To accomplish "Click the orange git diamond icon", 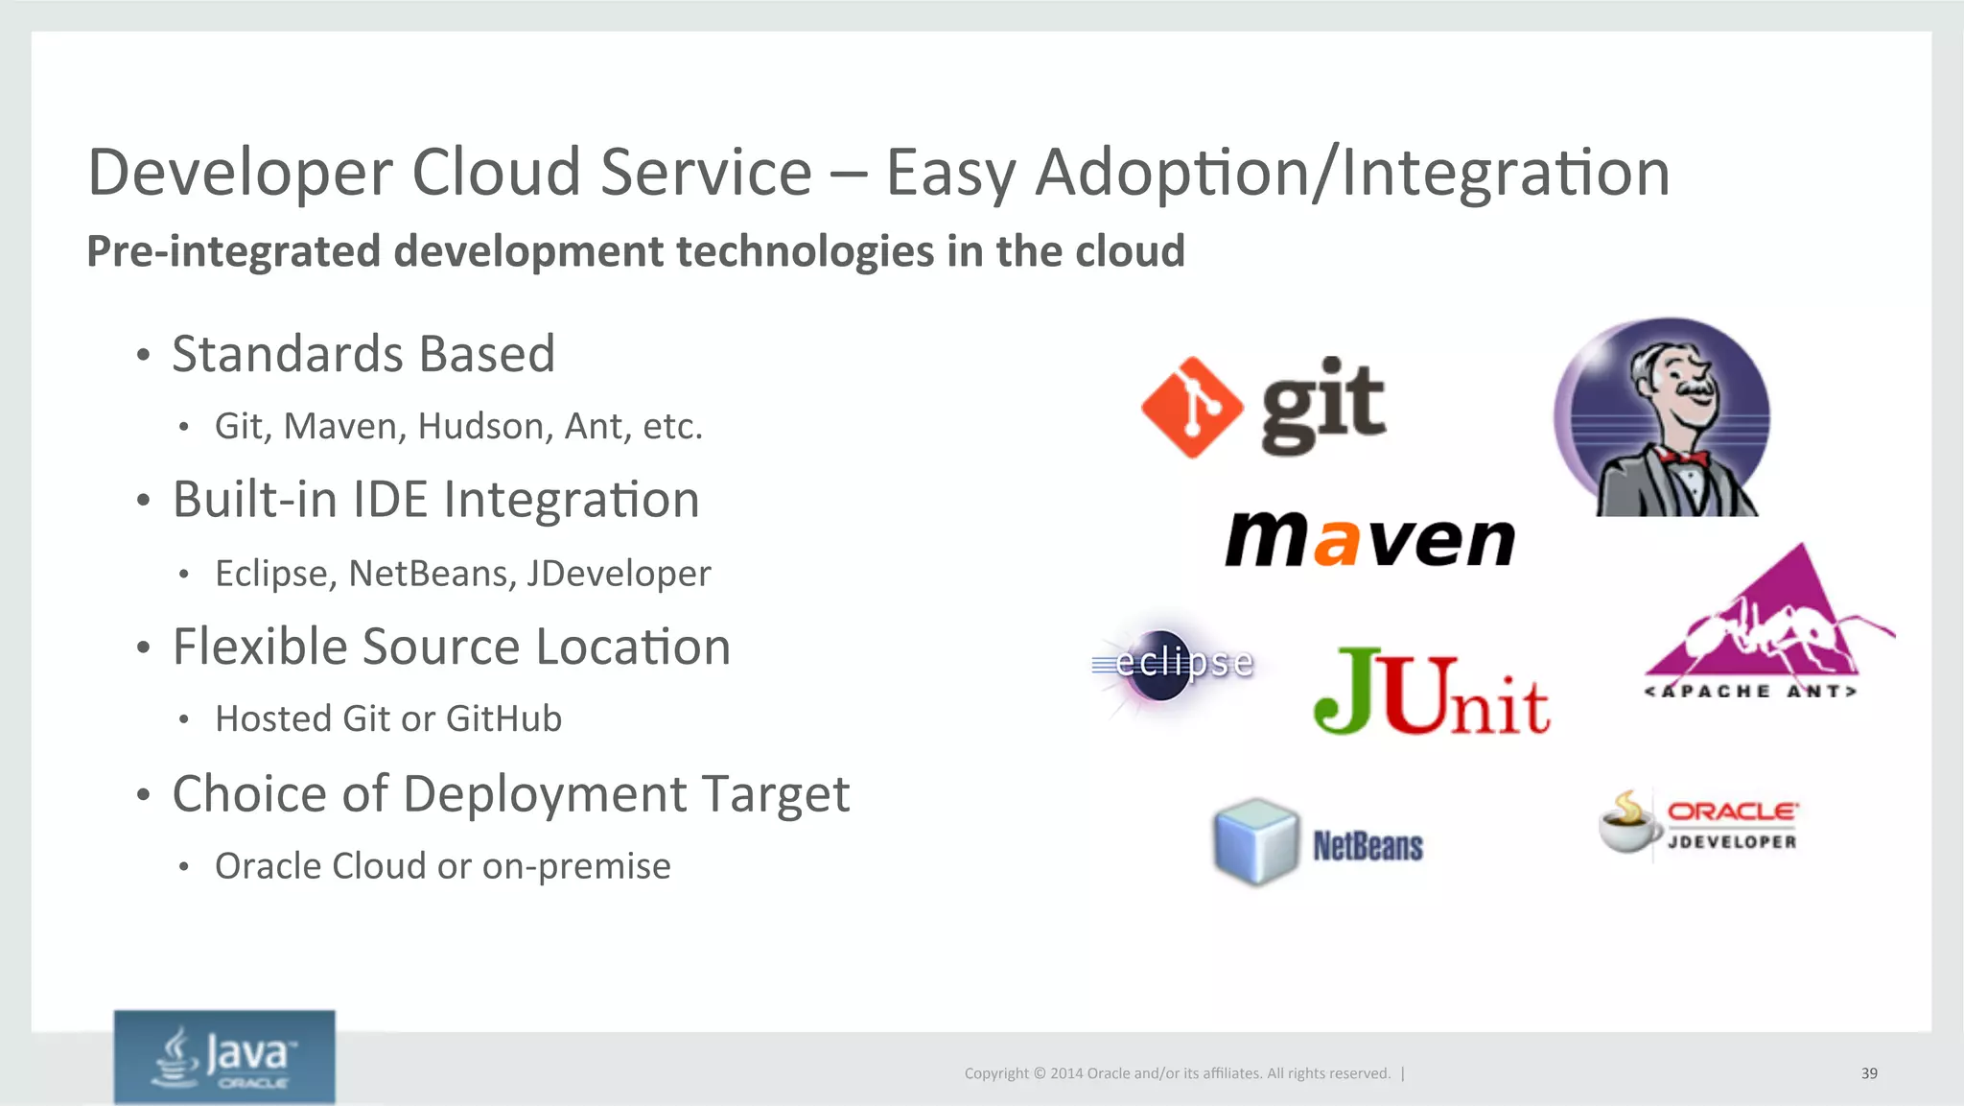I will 1192,407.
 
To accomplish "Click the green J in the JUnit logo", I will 1345,692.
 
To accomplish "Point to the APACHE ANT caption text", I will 1751,692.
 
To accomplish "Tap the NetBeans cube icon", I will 1255,841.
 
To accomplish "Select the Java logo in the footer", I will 224,1056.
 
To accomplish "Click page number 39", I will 1869,1073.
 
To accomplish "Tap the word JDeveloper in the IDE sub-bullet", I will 619,574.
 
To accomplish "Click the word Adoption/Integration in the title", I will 1352,174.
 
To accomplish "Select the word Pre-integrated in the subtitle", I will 234,252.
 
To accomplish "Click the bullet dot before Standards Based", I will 143,356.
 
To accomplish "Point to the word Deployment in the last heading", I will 545,795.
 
